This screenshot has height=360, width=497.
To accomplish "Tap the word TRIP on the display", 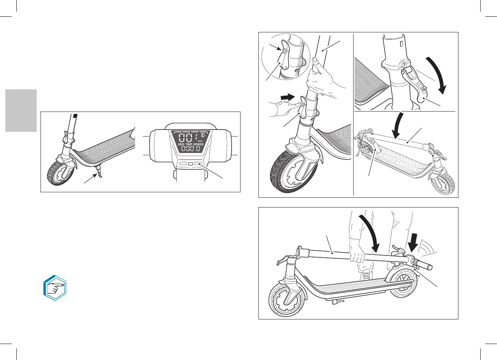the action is [191, 144].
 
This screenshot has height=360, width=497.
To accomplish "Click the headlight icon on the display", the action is [202, 135].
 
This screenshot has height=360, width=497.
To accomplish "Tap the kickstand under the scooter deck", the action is [100, 171].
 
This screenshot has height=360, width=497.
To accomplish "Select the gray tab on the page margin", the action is [21, 110].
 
